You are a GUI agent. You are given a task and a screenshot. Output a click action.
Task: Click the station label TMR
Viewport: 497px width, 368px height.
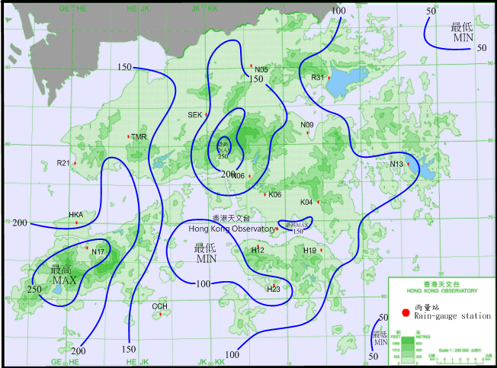pos(139,137)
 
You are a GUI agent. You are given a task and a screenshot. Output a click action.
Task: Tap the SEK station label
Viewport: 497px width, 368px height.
pos(195,114)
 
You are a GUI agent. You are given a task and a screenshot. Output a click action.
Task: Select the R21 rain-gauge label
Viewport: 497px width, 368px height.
pos(63,162)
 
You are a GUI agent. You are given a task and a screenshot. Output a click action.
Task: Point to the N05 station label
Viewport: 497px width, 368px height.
pos(261,69)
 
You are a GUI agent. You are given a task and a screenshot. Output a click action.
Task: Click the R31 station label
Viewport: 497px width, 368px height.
pos(317,78)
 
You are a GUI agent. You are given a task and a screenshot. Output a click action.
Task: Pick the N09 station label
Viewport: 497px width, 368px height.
pos(307,125)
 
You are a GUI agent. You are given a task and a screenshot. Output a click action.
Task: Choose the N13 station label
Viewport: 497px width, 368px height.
pos(396,165)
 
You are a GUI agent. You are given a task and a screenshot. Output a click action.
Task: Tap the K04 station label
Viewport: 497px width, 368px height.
pos(306,202)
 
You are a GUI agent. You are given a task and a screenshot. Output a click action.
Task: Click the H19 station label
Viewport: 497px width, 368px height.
pos(309,251)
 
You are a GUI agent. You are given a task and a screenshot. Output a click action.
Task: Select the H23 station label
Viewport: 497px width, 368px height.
pos(274,290)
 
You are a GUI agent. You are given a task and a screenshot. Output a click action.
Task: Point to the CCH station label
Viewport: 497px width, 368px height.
pos(159,306)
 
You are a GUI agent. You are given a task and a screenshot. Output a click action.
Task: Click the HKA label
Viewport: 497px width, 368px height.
pos(76,215)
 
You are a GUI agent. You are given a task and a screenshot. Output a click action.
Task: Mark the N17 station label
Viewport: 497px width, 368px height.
pos(98,251)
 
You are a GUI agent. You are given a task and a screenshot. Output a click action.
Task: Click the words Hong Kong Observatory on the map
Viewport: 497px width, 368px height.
pos(231,229)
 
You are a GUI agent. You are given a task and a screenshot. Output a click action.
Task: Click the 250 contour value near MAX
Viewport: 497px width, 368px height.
pos(34,290)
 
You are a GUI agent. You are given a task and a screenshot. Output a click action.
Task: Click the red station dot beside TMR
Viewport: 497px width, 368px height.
pos(129,136)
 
